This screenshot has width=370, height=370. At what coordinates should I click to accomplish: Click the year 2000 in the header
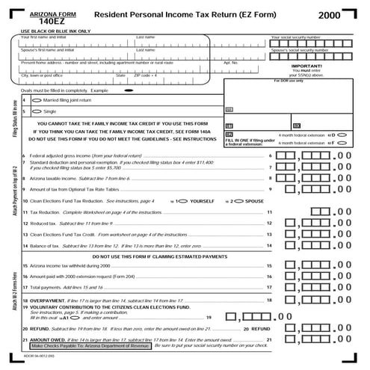coord(333,14)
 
